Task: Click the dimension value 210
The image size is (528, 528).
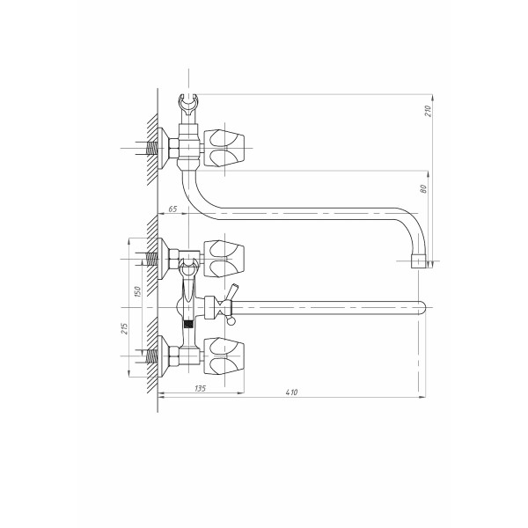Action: (x=428, y=111)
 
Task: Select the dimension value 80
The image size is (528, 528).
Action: (x=423, y=189)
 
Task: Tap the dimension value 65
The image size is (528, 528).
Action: (x=172, y=209)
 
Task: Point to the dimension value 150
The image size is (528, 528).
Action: (x=137, y=291)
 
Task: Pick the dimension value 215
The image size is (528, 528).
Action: (x=124, y=328)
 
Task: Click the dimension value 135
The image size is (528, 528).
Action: (x=200, y=388)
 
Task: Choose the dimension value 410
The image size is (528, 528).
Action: (x=291, y=392)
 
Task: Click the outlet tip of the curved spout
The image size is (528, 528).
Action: (x=418, y=261)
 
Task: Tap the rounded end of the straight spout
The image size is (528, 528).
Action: (x=422, y=307)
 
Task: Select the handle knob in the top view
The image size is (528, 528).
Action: (x=224, y=148)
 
